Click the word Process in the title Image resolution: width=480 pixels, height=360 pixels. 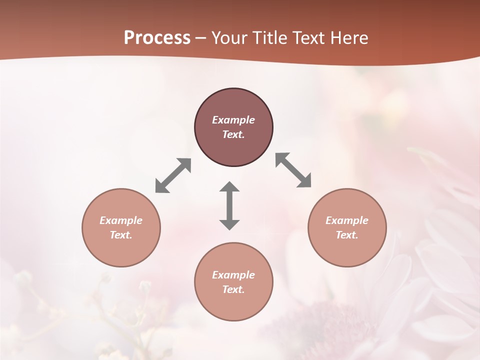pyautogui.click(x=157, y=38)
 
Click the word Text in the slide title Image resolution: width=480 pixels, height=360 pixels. pyautogui.click(x=308, y=38)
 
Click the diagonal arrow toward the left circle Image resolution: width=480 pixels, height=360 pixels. pyautogui.click(x=173, y=175)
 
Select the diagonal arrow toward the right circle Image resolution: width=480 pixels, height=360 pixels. pyautogui.click(x=293, y=170)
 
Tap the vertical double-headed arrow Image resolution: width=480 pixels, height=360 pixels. pyautogui.click(x=229, y=205)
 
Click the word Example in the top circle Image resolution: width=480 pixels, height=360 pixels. pyautogui.click(x=233, y=120)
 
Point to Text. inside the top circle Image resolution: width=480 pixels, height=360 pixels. pyautogui.click(x=233, y=134)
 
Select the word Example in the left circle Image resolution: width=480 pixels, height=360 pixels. pyautogui.click(x=121, y=220)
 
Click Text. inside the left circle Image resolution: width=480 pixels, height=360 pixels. pyautogui.click(x=121, y=235)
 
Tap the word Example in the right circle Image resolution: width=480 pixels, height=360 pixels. pyautogui.click(x=347, y=220)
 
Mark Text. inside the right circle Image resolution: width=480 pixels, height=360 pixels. pyautogui.click(x=347, y=235)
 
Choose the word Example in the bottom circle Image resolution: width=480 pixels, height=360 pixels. pyautogui.click(x=233, y=275)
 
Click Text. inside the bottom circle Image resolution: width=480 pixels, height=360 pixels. pyautogui.click(x=233, y=289)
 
